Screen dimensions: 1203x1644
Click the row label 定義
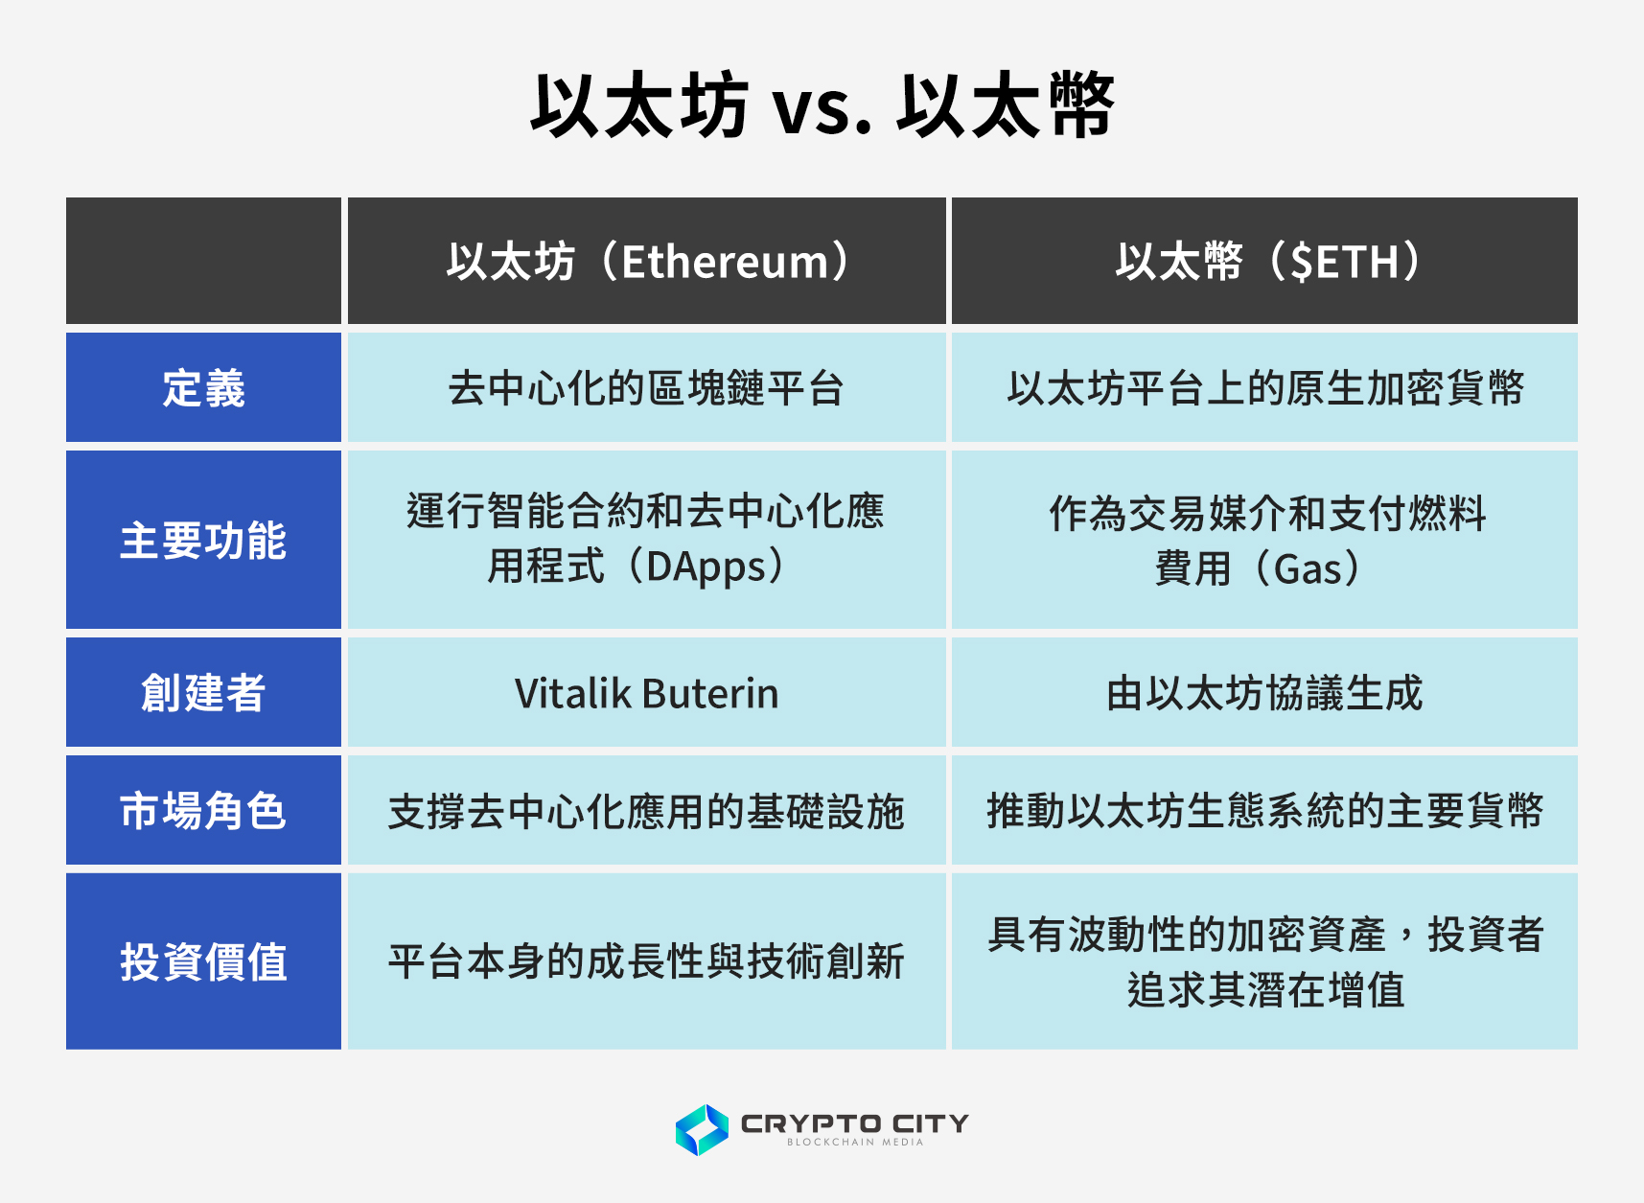203,388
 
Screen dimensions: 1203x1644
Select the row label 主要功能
203,541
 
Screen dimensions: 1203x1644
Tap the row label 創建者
203,693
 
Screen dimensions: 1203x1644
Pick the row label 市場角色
203,811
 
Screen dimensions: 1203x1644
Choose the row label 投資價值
203,961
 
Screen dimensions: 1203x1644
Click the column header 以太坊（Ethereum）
647,262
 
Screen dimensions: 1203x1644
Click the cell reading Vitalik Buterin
647,693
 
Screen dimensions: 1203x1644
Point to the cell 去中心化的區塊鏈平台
647,388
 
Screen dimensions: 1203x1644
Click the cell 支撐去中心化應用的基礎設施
647,811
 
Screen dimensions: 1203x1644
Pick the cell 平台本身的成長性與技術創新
647,961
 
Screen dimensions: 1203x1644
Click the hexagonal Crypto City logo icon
702,1129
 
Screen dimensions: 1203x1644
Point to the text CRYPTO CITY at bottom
854,1122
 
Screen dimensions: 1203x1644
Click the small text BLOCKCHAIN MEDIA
854,1143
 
